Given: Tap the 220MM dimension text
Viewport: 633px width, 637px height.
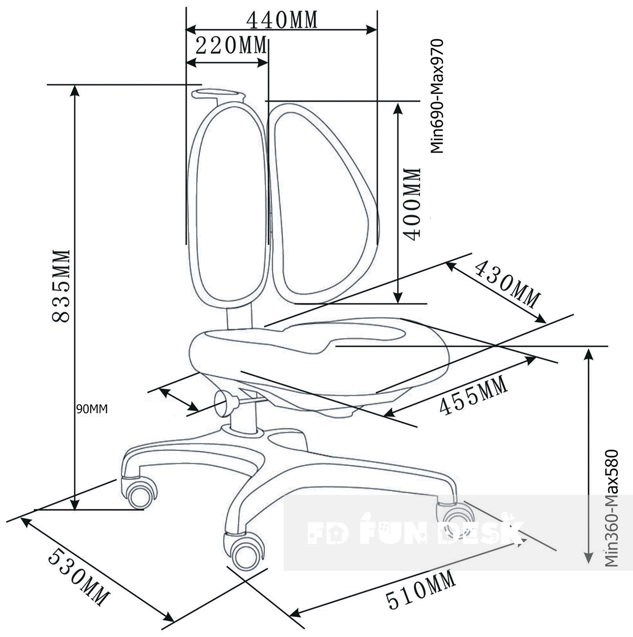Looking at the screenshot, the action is click(x=231, y=45).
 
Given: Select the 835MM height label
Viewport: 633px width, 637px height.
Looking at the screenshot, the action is click(x=61, y=286).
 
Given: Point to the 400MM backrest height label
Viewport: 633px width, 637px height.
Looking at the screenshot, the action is click(x=411, y=204).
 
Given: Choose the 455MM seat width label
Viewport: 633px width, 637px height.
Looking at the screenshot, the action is click(x=473, y=396).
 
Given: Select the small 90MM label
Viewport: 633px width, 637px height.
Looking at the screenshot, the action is click(x=92, y=409).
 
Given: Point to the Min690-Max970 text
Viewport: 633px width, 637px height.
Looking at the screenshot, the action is click(x=436, y=96).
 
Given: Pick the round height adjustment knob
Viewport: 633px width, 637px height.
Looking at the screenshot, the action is click(x=226, y=403).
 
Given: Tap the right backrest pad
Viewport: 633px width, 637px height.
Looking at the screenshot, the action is click(x=322, y=202).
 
